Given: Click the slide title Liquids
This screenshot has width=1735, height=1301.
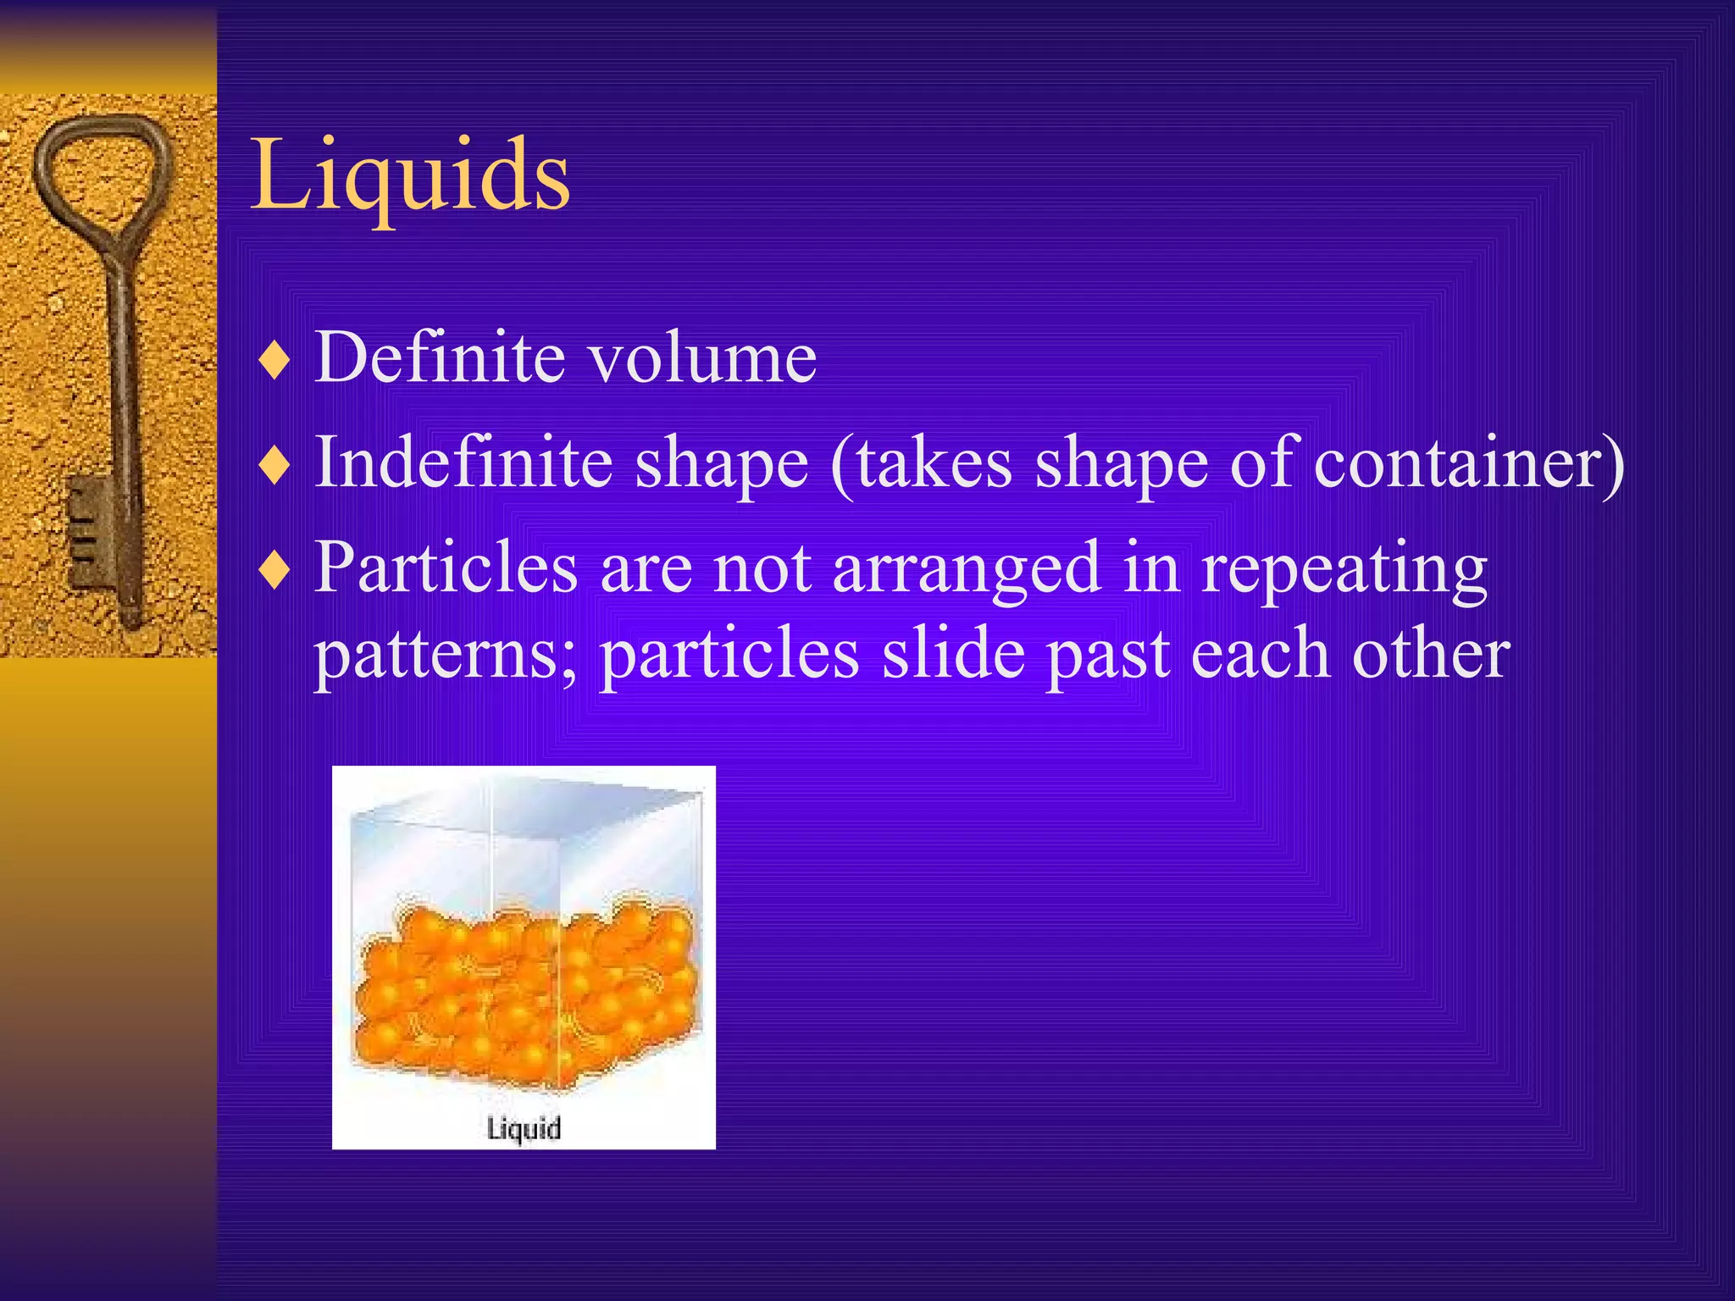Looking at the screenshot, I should coord(410,175).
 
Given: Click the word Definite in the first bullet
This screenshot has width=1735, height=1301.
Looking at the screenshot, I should coord(440,357).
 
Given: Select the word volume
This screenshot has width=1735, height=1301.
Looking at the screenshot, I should coord(703,357).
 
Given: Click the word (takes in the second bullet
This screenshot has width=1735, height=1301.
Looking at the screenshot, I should coord(921,463).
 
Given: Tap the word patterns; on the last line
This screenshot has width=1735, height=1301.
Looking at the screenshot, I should coord(446,657).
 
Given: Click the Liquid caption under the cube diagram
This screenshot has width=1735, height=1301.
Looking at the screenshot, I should coord(524,1128).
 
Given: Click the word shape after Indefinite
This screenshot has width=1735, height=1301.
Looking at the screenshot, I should coord(722,463).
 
